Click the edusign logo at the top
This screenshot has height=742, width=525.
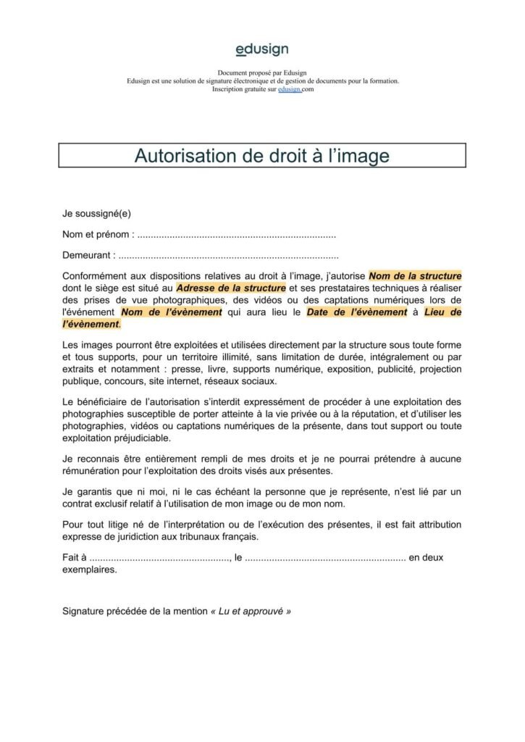click(261, 49)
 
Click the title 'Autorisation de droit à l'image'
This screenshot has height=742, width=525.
click(261, 156)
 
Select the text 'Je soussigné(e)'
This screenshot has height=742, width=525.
click(96, 214)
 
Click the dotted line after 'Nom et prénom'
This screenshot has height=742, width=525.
click(236, 235)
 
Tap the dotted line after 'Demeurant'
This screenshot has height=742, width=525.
click(228, 256)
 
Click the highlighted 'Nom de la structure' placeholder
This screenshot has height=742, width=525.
click(415, 276)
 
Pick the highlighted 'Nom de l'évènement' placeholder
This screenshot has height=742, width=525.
click(171, 312)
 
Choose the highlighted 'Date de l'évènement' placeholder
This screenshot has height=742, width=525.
click(356, 312)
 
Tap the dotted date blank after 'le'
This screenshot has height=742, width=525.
click(325, 558)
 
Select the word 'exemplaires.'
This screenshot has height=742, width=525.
click(90, 570)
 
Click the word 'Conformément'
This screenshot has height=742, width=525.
click(94, 276)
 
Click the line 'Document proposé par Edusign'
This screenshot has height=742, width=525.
click(262, 73)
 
